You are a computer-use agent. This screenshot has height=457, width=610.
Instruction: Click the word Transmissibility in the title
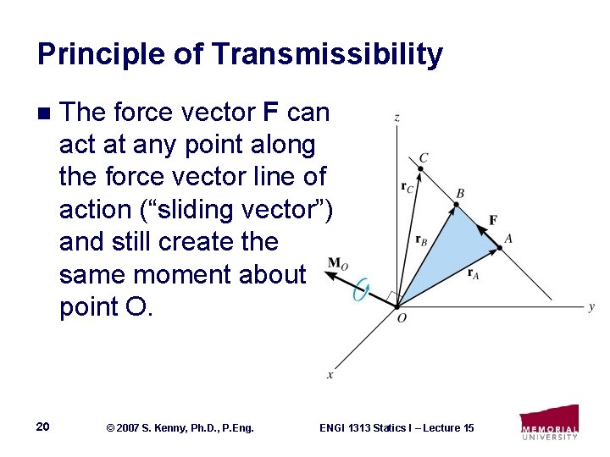tap(328, 54)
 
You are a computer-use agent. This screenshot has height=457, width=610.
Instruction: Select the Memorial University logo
tap(549, 422)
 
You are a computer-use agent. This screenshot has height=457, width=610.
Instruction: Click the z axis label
tap(396, 118)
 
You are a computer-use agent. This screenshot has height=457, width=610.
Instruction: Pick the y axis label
tap(591, 306)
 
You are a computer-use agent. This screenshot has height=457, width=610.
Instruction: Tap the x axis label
tap(330, 374)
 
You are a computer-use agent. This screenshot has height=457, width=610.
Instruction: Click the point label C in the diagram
tap(424, 157)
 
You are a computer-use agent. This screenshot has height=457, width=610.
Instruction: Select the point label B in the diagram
tap(460, 194)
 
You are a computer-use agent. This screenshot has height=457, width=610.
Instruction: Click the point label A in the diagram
tap(508, 240)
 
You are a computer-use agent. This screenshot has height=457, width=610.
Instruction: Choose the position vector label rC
tap(408, 188)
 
